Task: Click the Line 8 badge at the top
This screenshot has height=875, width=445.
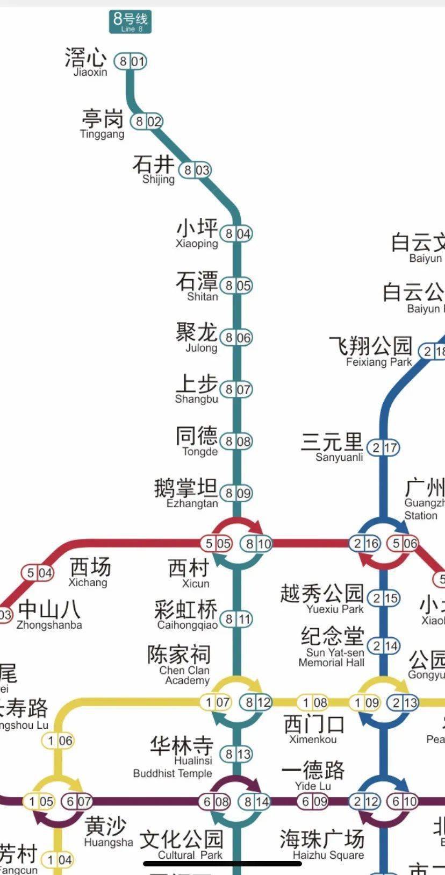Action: tap(130, 22)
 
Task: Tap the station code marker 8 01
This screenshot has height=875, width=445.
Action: tap(131, 61)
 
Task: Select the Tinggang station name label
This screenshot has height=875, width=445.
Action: tap(102, 124)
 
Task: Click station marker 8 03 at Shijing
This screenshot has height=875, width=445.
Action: tap(195, 170)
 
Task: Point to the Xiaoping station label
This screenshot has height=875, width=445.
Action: tap(197, 233)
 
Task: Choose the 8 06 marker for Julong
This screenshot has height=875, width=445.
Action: tap(236, 338)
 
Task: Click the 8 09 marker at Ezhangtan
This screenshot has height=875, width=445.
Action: tap(236, 493)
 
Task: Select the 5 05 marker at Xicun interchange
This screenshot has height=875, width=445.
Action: tap(217, 544)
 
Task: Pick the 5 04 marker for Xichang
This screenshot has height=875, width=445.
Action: tap(38, 573)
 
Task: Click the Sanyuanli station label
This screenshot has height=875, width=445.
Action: tap(333, 447)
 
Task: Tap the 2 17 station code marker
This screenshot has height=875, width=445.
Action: tap(384, 447)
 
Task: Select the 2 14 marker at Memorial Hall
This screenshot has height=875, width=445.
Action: tap(384, 646)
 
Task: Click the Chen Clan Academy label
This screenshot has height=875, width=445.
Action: tap(180, 665)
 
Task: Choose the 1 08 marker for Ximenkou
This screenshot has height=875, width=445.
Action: tap(313, 702)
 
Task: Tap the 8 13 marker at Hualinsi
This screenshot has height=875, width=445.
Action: tap(236, 754)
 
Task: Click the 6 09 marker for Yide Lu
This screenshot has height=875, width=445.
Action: tap(313, 801)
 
